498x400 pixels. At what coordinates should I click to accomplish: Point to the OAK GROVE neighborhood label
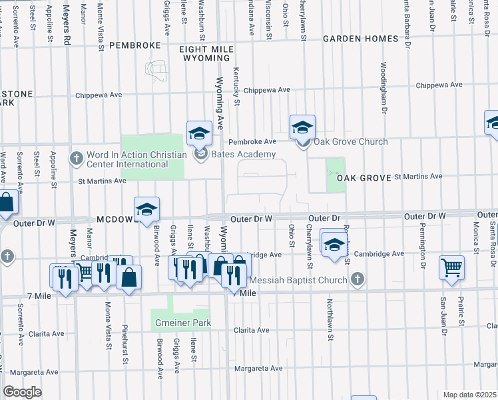tap(363, 178)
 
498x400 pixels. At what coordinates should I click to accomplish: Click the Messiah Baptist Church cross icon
tap(358, 279)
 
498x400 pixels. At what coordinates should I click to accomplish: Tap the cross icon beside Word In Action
tap(77, 159)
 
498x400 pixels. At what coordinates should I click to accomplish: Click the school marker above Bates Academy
tap(199, 133)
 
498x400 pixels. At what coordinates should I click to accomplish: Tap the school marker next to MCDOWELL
tap(146, 209)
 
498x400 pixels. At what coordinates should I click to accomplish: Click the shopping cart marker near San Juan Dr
tap(451, 267)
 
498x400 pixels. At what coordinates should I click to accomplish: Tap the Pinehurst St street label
tap(124, 346)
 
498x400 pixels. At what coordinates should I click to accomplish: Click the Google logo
tap(22, 393)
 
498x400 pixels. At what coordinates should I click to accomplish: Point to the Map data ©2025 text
tap(470, 395)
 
